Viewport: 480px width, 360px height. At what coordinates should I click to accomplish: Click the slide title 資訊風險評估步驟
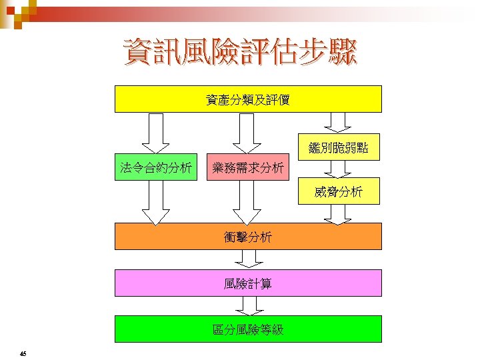click(x=240, y=53)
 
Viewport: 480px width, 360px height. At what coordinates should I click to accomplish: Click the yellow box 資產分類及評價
click(x=248, y=99)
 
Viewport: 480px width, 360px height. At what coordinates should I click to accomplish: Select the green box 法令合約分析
click(x=155, y=167)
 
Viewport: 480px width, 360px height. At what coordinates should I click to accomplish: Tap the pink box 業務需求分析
click(x=247, y=167)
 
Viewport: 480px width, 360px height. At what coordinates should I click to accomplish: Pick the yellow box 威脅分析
click(x=338, y=191)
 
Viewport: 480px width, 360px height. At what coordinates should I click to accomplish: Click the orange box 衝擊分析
click(x=248, y=236)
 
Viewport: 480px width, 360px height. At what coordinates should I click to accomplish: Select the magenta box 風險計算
click(x=248, y=283)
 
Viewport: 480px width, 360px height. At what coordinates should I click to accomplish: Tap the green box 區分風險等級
click(x=248, y=329)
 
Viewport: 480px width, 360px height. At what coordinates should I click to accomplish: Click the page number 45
click(x=23, y=353)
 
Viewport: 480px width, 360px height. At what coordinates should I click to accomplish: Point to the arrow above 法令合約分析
click(x=155, y=133)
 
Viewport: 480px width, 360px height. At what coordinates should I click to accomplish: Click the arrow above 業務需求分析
click(x=247, y=133)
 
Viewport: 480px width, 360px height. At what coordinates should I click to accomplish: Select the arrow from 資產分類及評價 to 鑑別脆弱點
click(x=338, y=122)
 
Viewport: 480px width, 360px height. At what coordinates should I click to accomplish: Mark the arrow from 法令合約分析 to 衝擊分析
click(x=155, y=203)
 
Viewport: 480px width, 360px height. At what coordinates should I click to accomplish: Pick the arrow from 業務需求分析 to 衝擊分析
click(x=247, y=203)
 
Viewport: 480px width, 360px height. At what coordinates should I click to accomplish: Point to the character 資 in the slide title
click(x=137, y=53)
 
